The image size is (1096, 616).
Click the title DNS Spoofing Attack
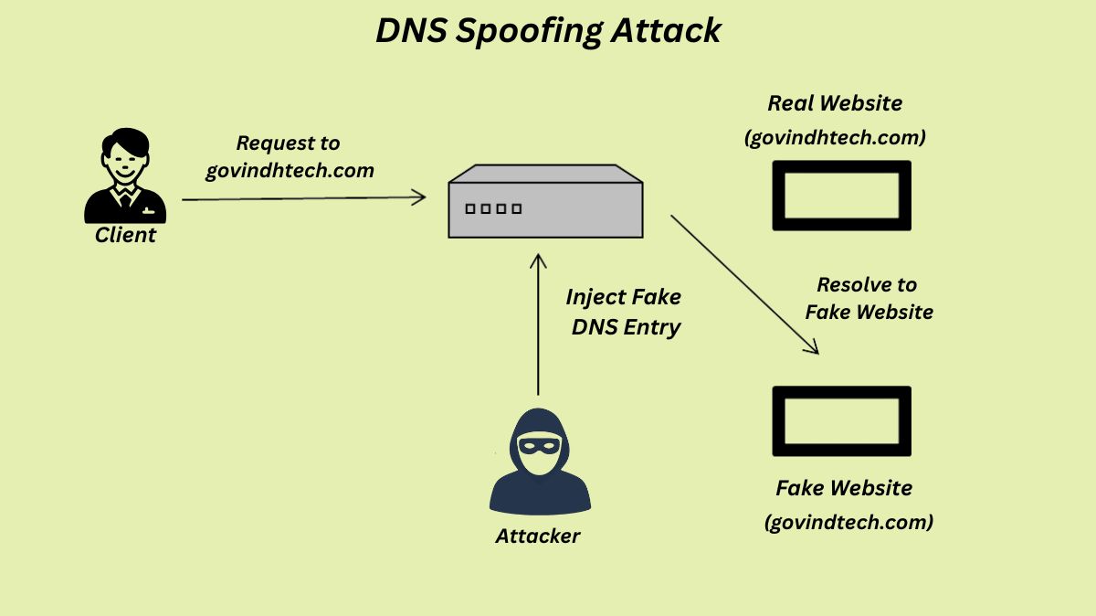[548, 31]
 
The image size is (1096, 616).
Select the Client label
[126, 235]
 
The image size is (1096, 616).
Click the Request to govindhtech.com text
[289, 156]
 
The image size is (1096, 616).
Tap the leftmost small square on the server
[470, 208]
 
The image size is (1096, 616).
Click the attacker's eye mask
[540, 446]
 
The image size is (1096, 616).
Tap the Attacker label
[538, 536]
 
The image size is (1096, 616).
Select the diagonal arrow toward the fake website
[743, 283]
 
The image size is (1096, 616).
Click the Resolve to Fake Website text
[868, 298]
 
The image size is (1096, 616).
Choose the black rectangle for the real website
[841, 195]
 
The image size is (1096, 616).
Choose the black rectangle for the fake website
[841, 420]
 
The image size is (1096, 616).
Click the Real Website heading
[835, 103]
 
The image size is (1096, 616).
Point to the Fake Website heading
[844, 488]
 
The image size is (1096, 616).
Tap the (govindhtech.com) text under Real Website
[836, 138]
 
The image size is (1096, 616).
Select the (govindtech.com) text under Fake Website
[848, 523]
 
